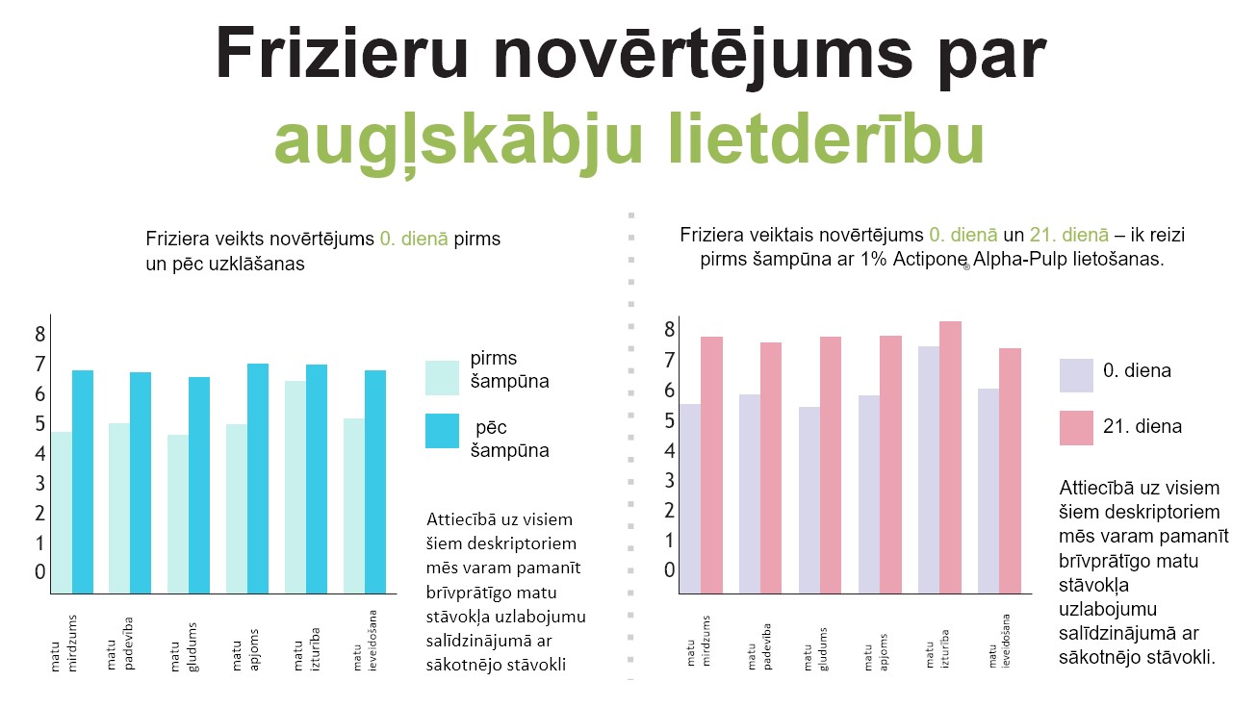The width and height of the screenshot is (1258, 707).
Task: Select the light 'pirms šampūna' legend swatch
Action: click(444, 378)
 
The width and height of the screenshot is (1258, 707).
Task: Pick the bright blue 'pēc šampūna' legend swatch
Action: click(444, 430)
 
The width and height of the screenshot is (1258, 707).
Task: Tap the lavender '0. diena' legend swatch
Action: click(1076, 376)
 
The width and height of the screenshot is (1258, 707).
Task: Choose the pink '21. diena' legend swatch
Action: click(1076, 427)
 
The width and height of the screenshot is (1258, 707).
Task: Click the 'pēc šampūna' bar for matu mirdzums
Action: click(83, 481)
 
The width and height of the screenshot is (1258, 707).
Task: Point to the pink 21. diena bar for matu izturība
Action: click(950, 457)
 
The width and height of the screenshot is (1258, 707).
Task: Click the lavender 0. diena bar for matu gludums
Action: click(809, 499)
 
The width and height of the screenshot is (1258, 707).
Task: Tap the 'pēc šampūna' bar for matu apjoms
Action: click(258, 478)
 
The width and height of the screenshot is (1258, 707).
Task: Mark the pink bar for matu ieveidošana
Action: click(1010, 470)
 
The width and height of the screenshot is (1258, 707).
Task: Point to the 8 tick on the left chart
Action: click(40, 335)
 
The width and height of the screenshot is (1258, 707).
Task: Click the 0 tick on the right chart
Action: click(670, 570)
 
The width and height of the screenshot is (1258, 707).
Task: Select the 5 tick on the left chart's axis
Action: click(40, 424)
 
